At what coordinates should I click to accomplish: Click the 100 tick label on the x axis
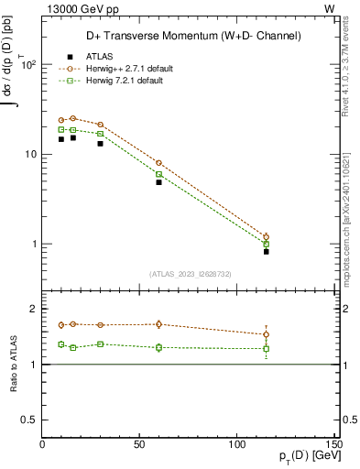pos(235,445)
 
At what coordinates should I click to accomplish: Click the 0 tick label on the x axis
pos(43,445)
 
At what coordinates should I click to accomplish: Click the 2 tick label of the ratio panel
pos(34,310)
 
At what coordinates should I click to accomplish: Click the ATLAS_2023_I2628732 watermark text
pos(190,273)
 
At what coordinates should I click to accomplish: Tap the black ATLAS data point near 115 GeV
pos(267,251)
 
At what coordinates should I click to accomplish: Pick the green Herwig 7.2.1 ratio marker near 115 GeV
pos(267,348)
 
